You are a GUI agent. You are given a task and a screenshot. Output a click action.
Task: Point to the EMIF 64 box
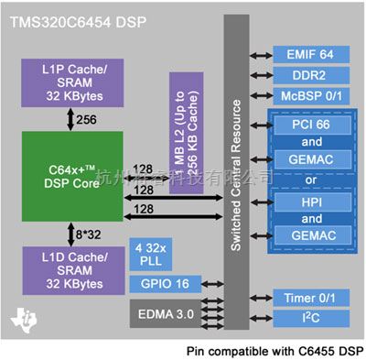click(306, 54)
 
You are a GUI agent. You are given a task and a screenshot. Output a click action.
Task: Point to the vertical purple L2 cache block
click(179, 118)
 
